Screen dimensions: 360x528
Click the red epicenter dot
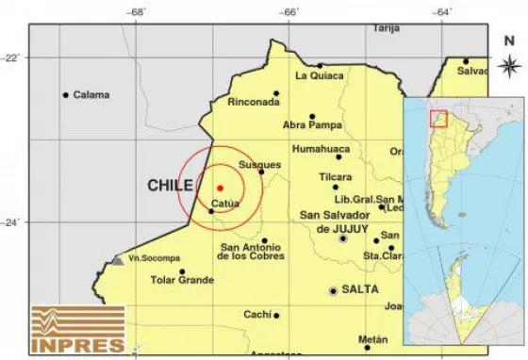tap(220, 188)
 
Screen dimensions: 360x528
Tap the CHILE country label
tap(170, 186)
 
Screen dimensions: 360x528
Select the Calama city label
tap(91, 95)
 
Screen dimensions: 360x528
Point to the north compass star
tap(508, 65)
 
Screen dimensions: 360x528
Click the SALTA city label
tap(361, 291)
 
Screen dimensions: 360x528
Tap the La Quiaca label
tap(317, 76)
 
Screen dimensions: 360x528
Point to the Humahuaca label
tap(322, 149)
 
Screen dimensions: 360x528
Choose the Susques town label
tap(259, 164)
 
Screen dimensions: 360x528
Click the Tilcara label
tap(335, 176)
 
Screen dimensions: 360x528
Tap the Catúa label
tap(225, 204)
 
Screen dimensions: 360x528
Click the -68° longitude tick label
tap(138, 12)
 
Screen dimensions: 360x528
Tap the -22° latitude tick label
tap(11, 57)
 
